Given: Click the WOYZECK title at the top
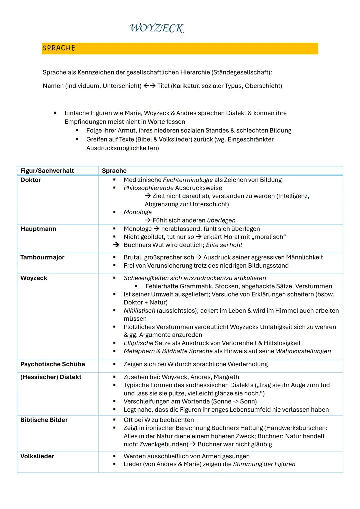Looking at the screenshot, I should coord(156,28).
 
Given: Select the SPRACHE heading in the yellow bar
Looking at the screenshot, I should coord(59,48).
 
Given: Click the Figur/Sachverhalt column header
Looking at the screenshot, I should coord(47,171).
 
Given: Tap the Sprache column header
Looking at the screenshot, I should coord(114,171).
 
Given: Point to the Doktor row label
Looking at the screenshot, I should coord(31,180).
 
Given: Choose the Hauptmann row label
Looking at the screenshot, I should coord(38,229).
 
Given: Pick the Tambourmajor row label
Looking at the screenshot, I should coord(42,257).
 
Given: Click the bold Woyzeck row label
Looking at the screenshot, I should coord(34,278).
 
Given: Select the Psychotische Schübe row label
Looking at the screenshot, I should coord(53,364).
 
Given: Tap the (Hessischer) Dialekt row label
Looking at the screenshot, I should coord(51,377).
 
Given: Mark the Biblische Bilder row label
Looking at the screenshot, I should coord(44,420).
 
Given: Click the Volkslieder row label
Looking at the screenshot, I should coord(37,456).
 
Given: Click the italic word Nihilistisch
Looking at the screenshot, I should coord(139,311).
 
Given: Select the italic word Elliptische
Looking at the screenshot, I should coord(138,343).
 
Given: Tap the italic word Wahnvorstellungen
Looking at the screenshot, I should coord(303,351).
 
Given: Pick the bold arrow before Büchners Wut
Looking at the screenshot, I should coord(116,245).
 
